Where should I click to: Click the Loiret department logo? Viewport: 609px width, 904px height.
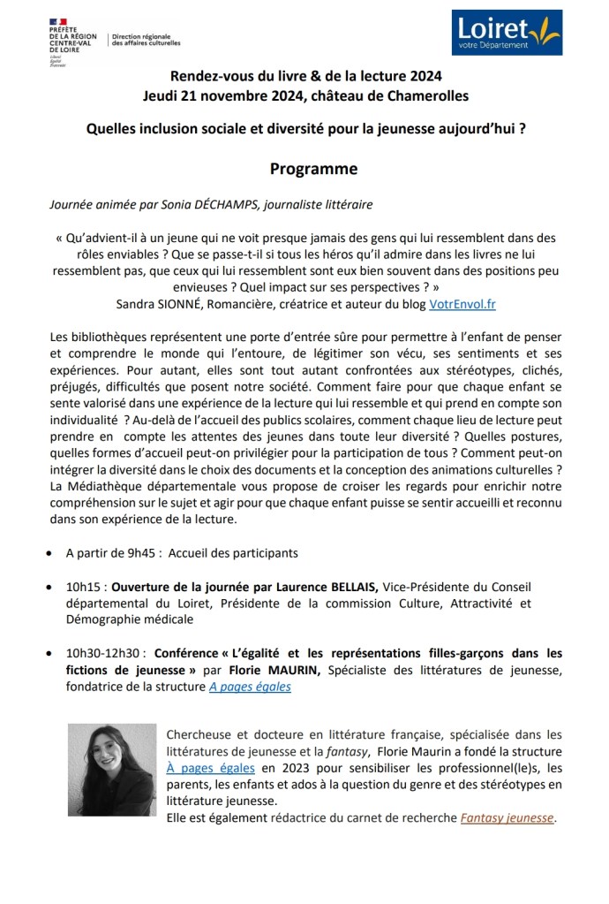tap(506, 34)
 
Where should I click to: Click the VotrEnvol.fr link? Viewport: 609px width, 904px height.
tap(462, 303)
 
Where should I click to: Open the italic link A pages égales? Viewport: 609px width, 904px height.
tap(250, 687)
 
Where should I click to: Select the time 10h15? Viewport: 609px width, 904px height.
tap(86, 587)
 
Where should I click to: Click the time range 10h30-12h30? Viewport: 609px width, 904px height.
tap(105, 654)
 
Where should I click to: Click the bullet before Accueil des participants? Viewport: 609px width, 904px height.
tap(46, 554)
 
